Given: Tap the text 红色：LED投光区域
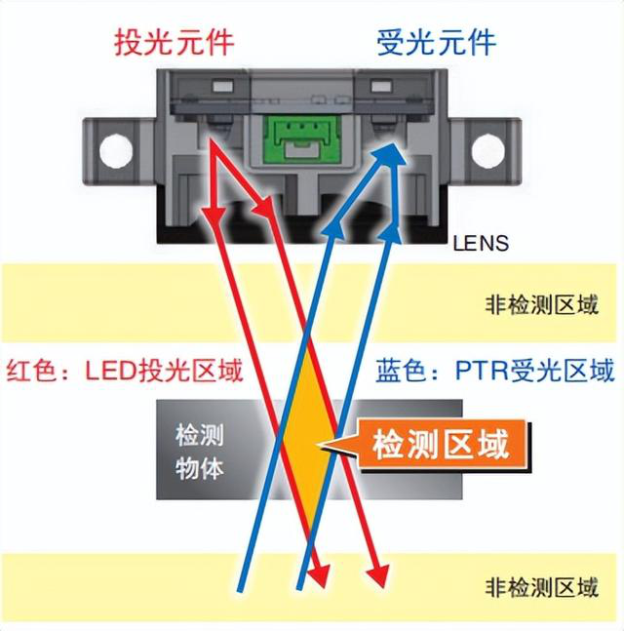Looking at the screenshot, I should [x=125, y=371].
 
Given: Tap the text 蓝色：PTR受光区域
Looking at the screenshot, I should [x=495, y=371].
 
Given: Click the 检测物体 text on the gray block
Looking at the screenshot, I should [x=199, y=451].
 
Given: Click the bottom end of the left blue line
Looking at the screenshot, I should [x=240, y=588].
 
